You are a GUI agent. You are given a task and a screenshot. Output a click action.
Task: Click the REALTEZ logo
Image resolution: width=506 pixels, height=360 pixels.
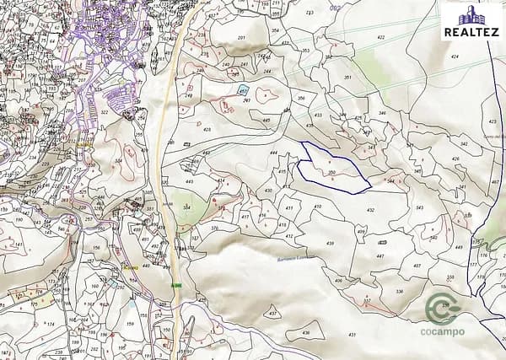(x=472, y=21)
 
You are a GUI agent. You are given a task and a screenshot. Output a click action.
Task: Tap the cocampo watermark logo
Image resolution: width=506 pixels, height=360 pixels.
(x=442, y=314)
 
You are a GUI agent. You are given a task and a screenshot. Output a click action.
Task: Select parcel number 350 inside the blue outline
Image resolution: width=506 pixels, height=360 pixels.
(x=332, y=173)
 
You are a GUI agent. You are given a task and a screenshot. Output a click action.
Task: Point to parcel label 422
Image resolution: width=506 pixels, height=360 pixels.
(x=380, y=37)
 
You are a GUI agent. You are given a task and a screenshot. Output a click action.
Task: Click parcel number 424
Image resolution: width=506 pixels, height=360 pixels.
(x=455, y=56)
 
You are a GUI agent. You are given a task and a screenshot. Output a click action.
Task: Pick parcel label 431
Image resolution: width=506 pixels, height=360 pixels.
(x=352, y=335)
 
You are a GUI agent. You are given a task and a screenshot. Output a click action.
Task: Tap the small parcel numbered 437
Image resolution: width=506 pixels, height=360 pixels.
(x=272, y=313)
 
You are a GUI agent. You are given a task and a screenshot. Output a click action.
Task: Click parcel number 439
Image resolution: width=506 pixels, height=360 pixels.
(x=331, y=244)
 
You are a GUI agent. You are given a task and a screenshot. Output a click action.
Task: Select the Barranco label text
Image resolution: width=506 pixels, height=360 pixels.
(x=295, y=259)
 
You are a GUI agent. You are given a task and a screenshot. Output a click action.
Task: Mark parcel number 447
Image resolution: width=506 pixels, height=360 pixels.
(x=380, y=255)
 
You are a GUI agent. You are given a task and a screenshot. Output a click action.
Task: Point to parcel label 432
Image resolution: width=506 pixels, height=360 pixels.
(x=370, y=210)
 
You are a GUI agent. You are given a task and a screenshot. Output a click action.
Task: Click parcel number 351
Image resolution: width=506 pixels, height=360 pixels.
(x=347, y=78)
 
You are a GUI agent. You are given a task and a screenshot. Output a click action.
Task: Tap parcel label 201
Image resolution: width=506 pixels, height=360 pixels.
(x=241, y=40)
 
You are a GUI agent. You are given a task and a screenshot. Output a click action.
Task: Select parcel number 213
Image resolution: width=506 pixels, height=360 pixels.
(x=310, y=13)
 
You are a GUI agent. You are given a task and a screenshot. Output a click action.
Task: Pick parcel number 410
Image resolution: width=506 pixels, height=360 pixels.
(x=317, y=206)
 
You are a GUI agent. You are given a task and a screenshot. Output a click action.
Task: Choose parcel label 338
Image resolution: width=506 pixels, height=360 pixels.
(x=399, y=292)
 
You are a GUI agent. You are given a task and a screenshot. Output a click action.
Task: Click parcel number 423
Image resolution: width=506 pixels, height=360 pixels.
(x=207, y=130)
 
